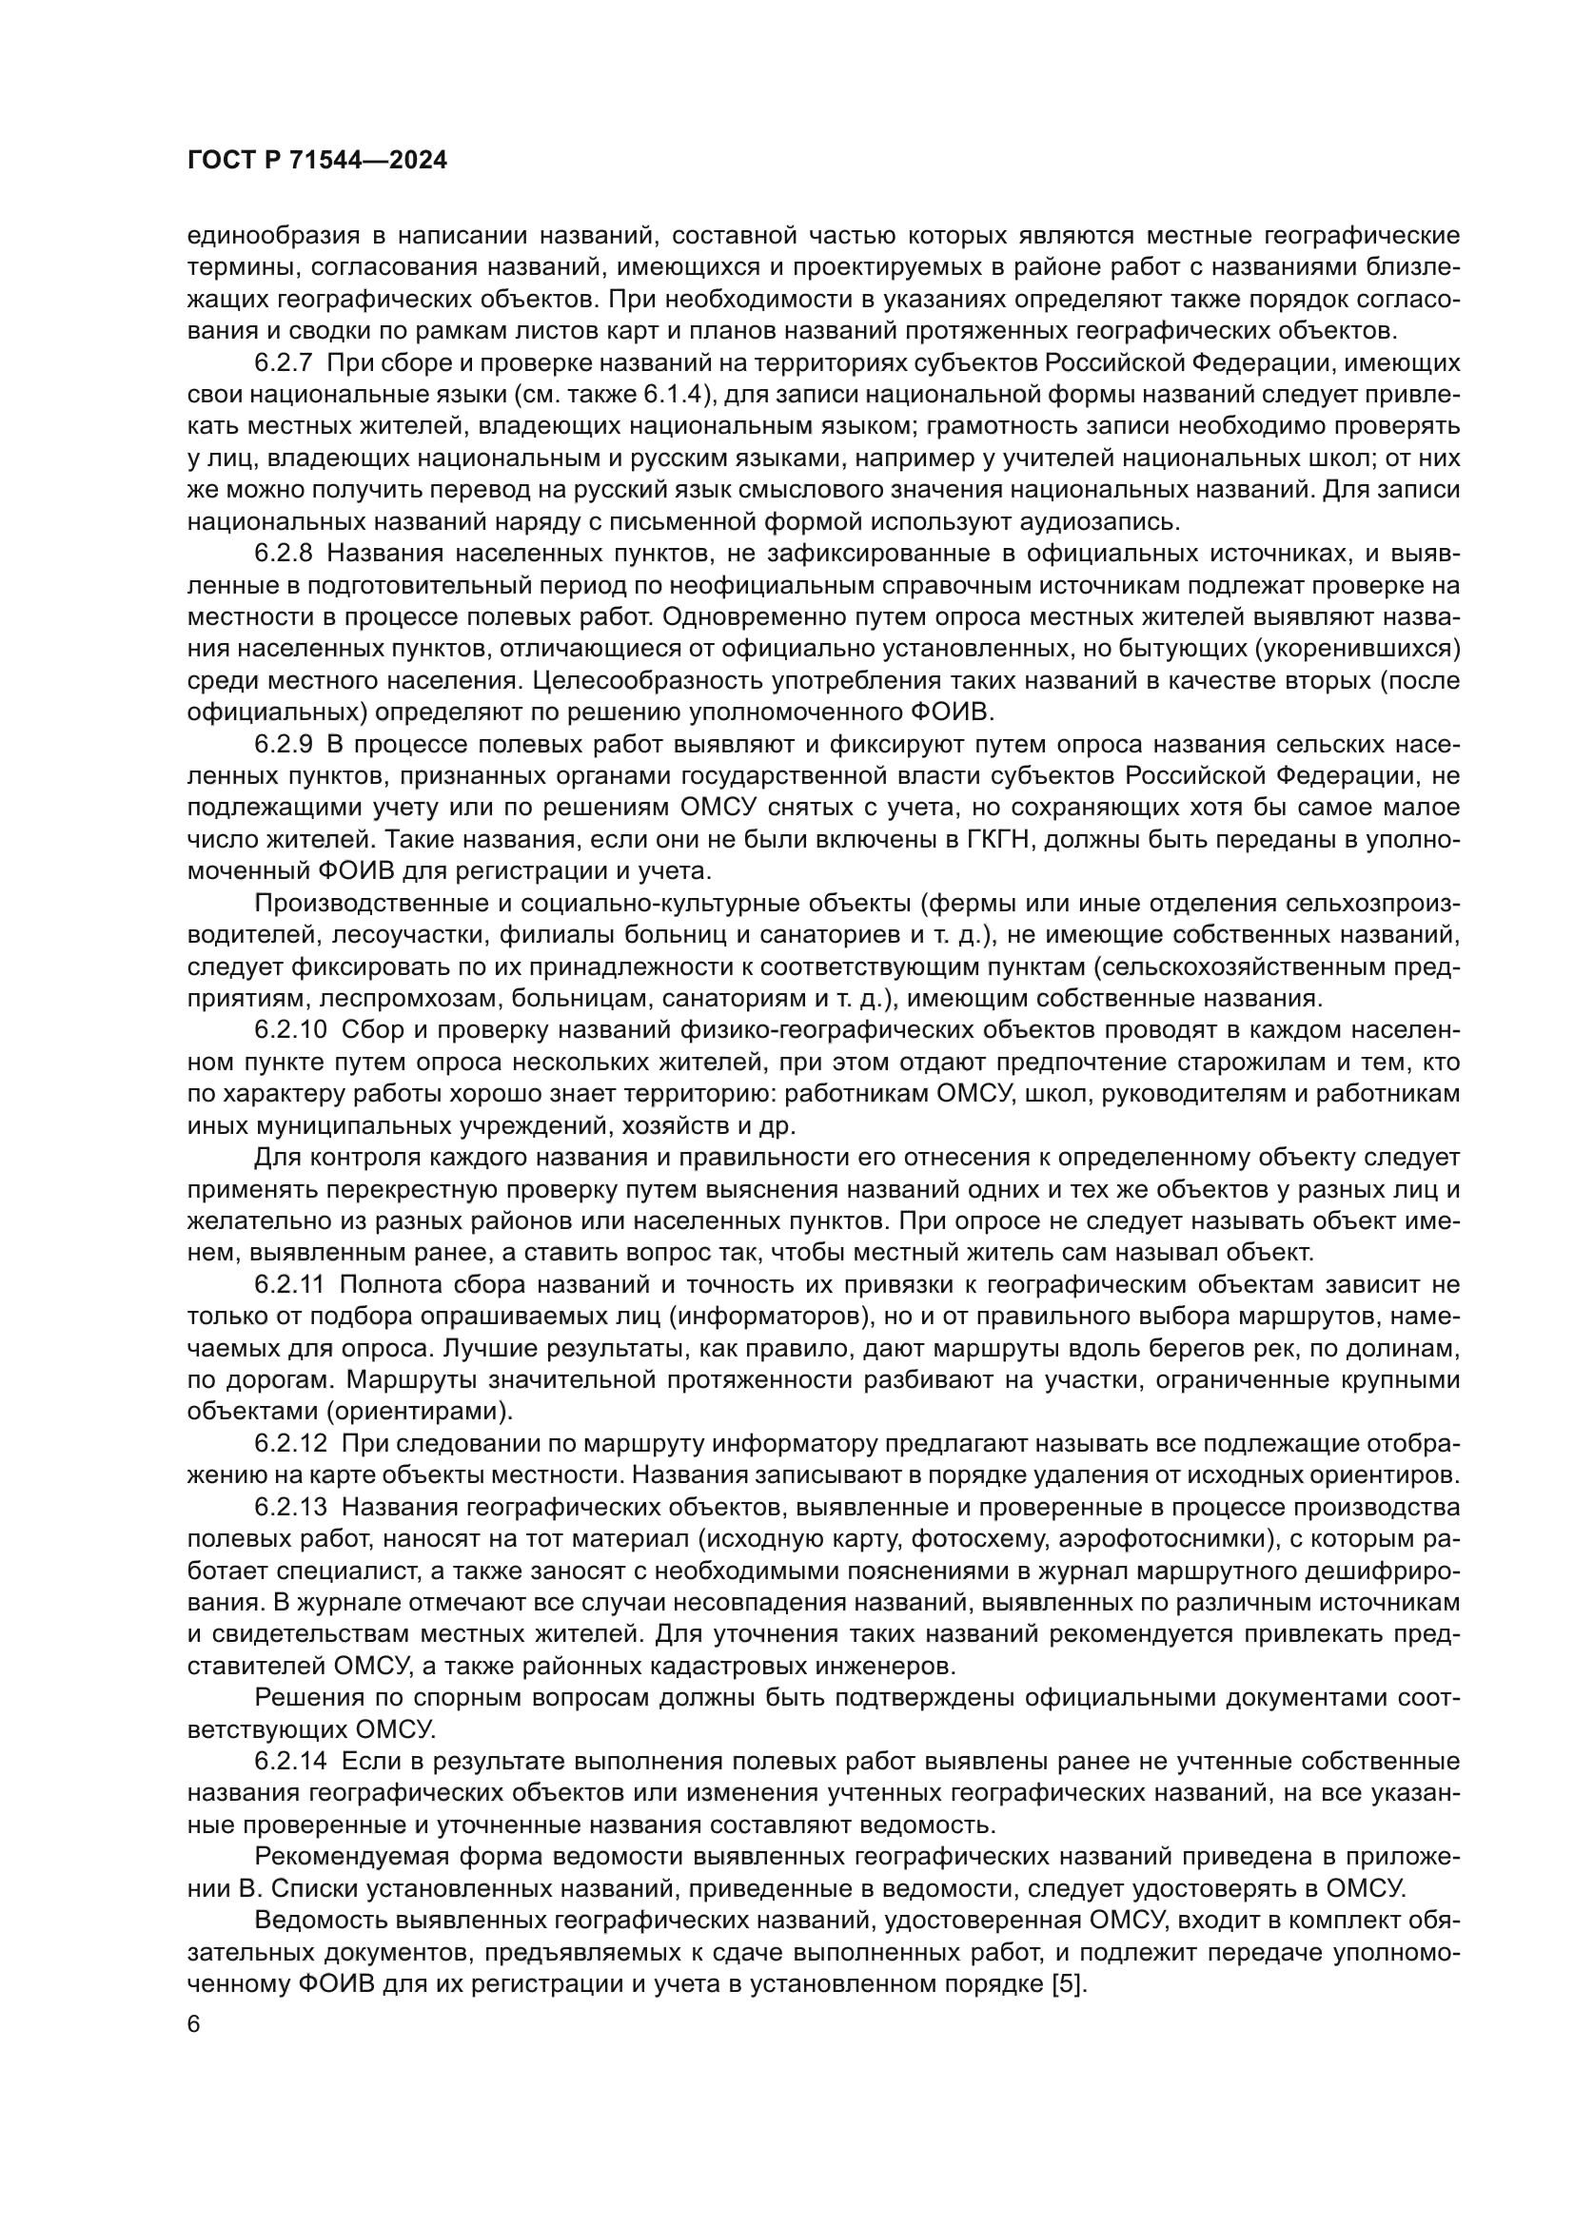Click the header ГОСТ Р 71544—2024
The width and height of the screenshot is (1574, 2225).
tap(317, 161)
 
